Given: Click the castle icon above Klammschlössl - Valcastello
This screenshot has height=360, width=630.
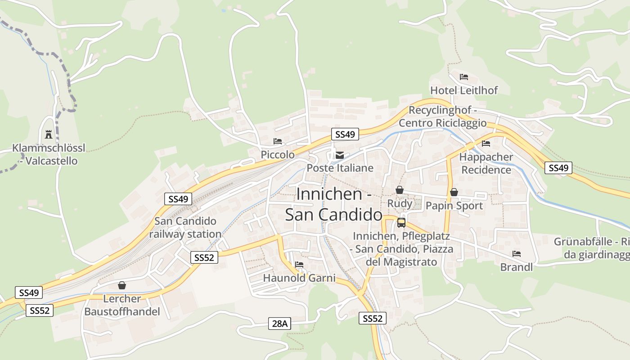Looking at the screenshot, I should pos(49,134).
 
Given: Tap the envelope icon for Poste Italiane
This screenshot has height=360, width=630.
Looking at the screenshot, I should pos(340,156).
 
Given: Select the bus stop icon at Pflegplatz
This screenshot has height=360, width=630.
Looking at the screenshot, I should pos(401,222).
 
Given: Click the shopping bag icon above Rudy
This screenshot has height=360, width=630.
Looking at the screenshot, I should pos(400,190).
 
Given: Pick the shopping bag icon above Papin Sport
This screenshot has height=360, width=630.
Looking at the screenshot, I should pos(454,193).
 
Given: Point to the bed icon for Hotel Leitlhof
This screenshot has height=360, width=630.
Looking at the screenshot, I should pos(464,77).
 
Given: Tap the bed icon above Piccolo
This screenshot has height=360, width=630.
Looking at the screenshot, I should pos(278,141).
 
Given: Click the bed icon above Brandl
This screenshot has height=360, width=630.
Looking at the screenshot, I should pos(516,254).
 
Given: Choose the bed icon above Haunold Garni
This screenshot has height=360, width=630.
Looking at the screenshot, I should pos(299,265).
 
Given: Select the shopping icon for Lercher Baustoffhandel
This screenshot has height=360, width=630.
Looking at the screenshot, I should pos(121,285).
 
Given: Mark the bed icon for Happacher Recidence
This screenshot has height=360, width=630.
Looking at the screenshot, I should pos(486,144).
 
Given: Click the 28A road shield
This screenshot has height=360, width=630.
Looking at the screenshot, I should pos(280,323).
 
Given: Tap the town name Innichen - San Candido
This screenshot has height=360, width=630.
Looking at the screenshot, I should pos(334,204).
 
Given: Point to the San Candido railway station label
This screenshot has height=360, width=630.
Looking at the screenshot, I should pos(185,228).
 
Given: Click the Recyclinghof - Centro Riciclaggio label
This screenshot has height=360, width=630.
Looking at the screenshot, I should pos(443,117).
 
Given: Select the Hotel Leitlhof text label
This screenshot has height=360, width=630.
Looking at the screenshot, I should pos(464,90).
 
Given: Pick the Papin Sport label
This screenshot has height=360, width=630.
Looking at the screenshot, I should pos(454,206).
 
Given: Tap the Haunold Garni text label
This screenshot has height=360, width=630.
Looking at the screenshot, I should pos(299,278).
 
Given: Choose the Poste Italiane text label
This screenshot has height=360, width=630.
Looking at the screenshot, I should pos(340,168).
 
